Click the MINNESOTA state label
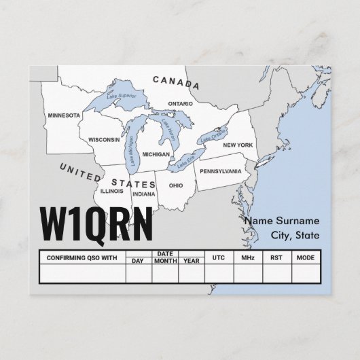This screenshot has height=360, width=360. click(x=64, y=115)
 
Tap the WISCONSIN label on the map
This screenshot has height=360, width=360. click(x=103, y=139)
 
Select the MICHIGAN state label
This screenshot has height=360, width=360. click(x=156, y=154)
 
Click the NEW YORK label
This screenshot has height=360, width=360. click(x=238, y=145)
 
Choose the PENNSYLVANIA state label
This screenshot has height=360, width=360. click(x=219, y=171)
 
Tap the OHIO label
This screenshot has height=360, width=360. click(x=175, y=185)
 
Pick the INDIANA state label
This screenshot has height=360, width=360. click(x=143, y=194)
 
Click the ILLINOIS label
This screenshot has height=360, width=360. click(x=111, y=191)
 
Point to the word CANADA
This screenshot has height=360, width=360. click(x=176, y=83)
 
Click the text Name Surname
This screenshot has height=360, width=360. click(x=281, y=221)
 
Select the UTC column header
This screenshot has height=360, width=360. click(x=218, y=258)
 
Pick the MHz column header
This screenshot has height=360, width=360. click(x=246, y=258)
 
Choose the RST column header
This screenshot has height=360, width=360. click(x=275, y=258)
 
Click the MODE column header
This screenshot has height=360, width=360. click(x=305, y=258)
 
